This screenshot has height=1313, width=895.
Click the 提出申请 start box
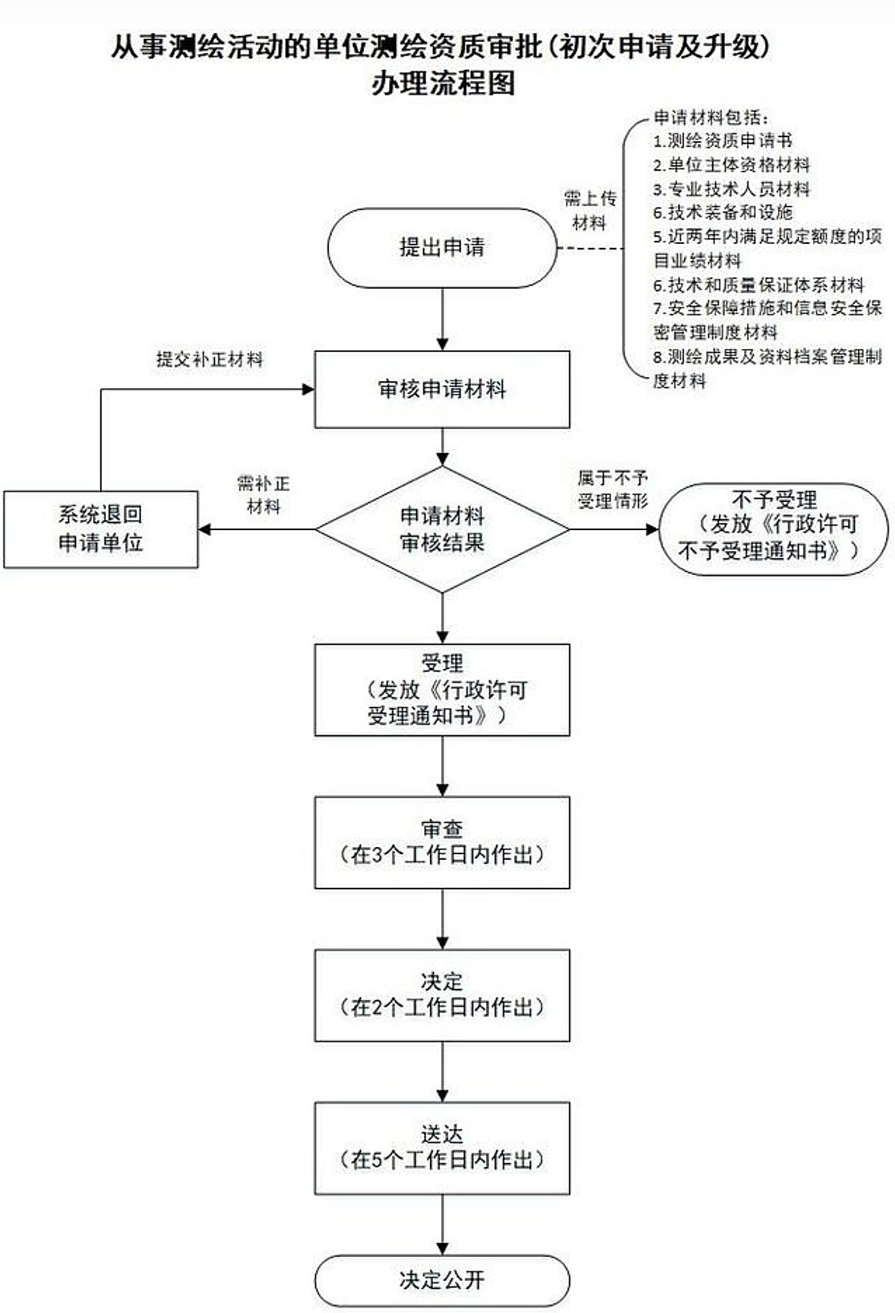(442, 247)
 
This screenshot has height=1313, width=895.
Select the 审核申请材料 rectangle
(442, 389)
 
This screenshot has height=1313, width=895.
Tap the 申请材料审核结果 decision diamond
(442, 529)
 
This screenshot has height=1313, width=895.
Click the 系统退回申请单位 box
(100, 529)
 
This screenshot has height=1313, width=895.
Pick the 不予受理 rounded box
(773, 529)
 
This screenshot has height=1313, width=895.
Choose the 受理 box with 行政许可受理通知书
(442, 690)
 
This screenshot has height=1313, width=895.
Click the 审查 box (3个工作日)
(442, 842)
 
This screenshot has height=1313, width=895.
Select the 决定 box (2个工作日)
(442, 995)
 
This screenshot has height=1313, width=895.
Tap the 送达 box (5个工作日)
(442, 1148)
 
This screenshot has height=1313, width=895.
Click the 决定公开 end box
(442, 1280)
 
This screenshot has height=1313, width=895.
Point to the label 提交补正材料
(209, 359)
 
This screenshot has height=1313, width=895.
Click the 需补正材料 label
(263, 495)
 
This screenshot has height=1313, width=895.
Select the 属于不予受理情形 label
(613, 490)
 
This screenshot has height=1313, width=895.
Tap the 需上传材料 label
(589, 210)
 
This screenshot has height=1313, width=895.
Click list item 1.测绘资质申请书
(722, 141)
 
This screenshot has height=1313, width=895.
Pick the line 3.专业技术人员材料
(731, 189)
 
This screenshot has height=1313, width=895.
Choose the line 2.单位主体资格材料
(731, 165)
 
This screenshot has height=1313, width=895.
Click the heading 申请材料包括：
(711, 117)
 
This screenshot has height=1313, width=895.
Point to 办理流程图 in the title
(443, 83)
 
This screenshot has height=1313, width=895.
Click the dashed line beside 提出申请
(590, 248)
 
